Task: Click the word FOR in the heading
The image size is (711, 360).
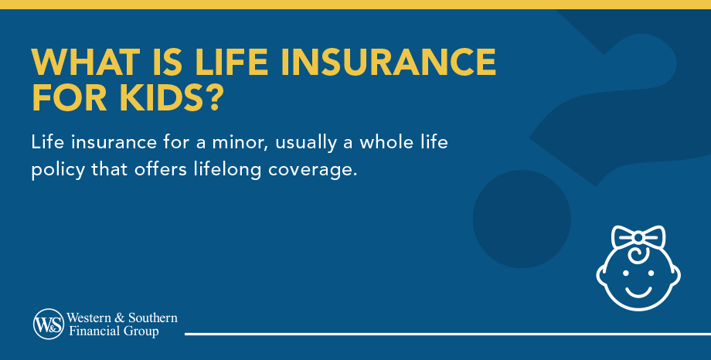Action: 63,98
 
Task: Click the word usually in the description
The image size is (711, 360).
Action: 314,144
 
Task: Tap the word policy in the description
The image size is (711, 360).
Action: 56,169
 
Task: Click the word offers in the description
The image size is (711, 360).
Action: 153,168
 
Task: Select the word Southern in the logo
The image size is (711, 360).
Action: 151,318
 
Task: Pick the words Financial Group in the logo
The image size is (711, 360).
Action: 113,331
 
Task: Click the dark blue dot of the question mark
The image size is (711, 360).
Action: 522,219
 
